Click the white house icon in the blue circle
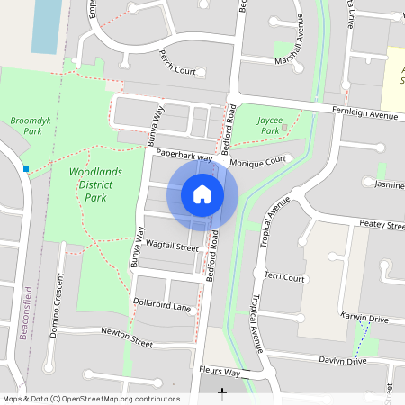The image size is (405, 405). [202, 194]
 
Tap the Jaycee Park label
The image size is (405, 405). [270, 125]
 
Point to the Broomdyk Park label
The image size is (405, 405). [26, 125]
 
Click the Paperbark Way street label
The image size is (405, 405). [184, 157]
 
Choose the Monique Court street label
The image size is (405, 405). [257, 162]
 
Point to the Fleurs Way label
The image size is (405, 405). [220, 372]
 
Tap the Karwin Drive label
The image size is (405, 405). [364, 318]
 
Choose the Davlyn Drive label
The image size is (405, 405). [343, 361]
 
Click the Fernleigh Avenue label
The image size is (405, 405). [364, 115]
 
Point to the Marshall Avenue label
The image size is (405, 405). [302, 36]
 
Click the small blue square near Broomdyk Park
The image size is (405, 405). [27, 169]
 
